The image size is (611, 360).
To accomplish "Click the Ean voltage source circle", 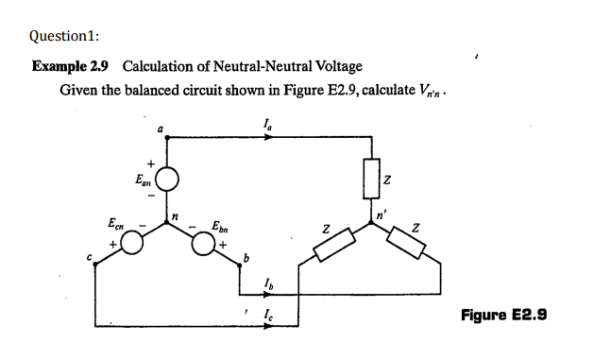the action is pos(167,177).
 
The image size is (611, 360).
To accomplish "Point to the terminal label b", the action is pos(246,258).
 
